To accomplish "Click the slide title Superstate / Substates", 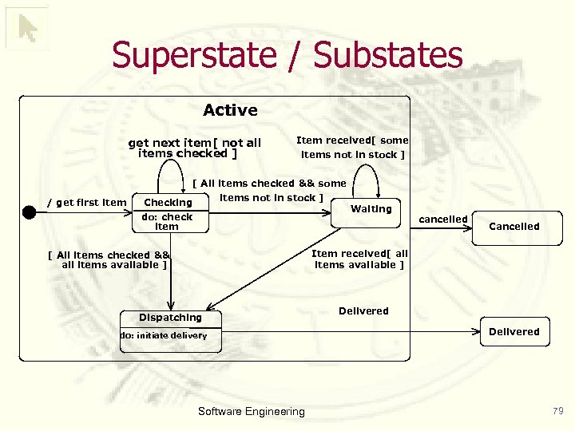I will point(287,55).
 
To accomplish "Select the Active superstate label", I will point(230,110).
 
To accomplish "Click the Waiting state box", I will point(371,209).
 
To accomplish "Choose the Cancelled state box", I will point(514,227).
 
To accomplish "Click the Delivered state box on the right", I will point(514,332).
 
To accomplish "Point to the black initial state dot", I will point(30,212).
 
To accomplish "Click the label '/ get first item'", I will point(87,203).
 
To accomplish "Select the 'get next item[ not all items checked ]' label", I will point(194,148).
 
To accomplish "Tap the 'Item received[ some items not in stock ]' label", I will point(352,148).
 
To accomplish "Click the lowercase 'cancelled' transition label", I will point(443,219).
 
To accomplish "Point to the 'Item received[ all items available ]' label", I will point(359,259).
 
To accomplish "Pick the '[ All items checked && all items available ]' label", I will point(109,260).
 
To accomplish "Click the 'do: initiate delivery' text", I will point(164,336).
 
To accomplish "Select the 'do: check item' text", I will point(167,222).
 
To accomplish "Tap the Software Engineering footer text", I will point(251,412).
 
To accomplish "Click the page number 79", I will point(557,411).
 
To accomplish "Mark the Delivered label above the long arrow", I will point(363,311).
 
